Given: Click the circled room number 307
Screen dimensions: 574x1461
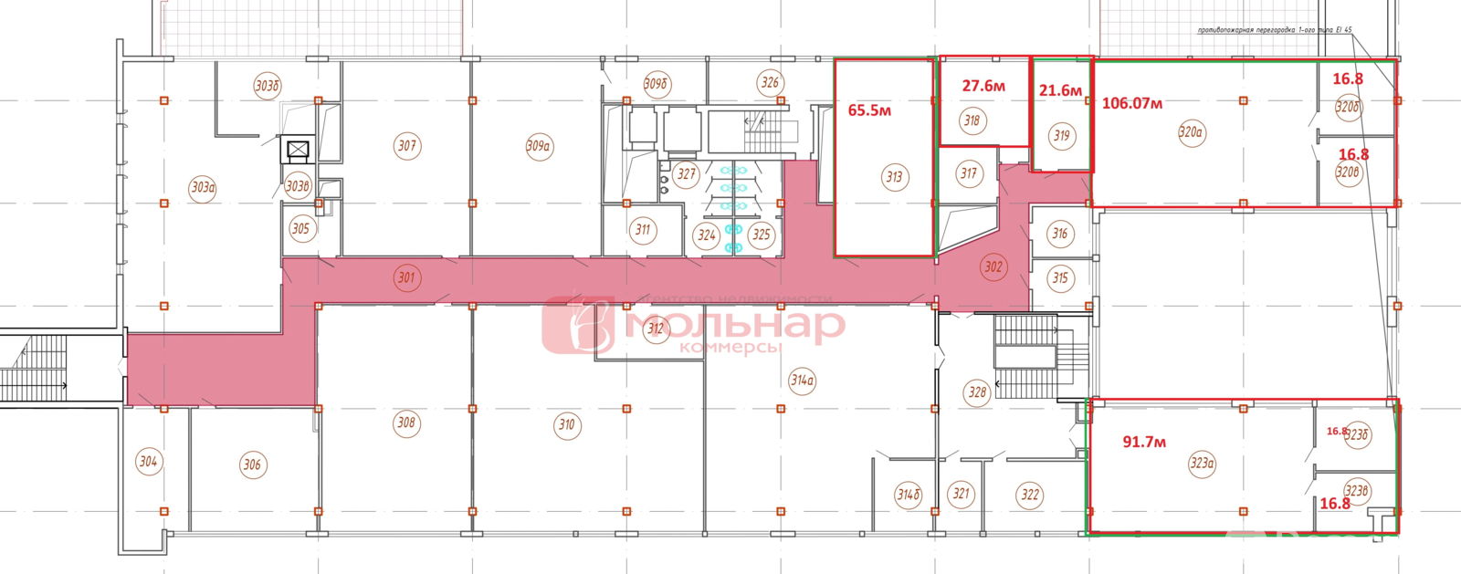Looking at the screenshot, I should (407, 145).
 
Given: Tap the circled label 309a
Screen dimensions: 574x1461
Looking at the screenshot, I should (539, 146).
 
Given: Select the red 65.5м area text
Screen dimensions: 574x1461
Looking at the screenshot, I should (869, 110).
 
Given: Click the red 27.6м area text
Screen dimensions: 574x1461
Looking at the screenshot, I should (983, 86).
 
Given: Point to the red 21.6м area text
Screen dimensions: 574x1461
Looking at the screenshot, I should (1060, 90).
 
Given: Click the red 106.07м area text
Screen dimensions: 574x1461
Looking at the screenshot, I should (1132, 103).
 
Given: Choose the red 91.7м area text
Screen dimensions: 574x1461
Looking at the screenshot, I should (1144, 442).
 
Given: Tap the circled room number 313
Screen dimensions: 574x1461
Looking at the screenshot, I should (894, 177).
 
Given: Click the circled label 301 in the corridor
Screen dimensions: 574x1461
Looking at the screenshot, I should (406, 277).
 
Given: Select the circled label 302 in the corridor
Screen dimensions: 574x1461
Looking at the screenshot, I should (993, 266).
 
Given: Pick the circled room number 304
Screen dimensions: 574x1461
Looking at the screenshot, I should (148, 461).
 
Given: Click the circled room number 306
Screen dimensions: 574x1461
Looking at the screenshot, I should (252, 464).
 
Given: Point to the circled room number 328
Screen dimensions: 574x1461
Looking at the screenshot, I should (977, 392).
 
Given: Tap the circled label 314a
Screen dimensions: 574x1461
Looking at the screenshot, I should (802, 381).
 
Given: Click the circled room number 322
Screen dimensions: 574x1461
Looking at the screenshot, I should (1030, 495).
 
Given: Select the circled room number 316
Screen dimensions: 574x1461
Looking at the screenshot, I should (1059, 234).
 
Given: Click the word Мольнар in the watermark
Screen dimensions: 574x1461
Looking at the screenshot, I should (735, 324).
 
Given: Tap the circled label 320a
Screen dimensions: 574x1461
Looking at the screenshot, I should (1191, 132).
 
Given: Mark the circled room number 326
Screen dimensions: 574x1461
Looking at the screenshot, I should (770, 83).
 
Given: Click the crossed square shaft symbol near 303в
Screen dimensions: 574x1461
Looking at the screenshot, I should (298, 150).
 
